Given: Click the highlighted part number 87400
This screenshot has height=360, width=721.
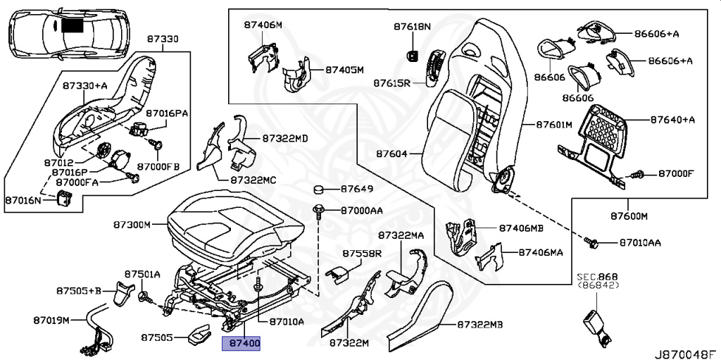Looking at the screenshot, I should point(242,344).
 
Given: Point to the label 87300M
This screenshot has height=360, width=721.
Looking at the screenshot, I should point(132,225).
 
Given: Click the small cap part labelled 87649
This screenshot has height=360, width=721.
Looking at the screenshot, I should point(318,190).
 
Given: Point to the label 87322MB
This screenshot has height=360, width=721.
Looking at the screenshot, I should point(480,325).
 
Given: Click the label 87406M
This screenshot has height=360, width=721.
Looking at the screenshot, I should point(263,25).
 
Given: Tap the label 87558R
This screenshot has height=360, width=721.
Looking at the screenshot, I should point(362,253).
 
